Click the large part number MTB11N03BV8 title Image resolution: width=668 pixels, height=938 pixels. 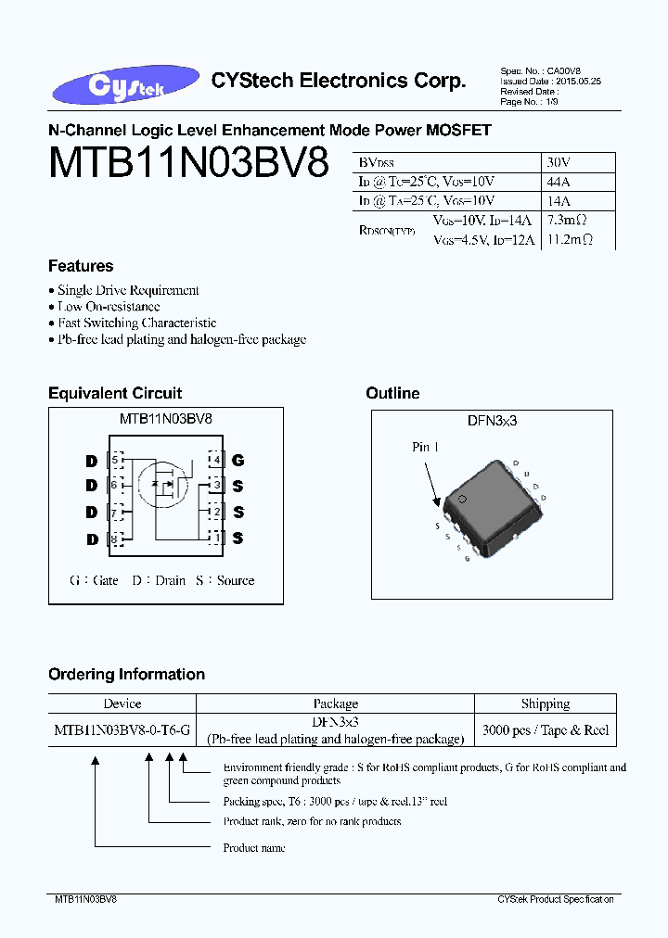coord(188,164)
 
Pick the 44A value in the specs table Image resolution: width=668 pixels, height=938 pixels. coord(559,181)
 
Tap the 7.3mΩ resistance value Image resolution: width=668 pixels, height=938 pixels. coord(568,221)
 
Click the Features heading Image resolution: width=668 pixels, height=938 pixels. coord(81,266)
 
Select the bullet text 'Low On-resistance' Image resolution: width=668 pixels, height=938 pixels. coord(109,307)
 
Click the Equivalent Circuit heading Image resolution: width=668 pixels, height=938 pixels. coord(115,394)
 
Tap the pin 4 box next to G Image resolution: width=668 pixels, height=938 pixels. coord(216,460)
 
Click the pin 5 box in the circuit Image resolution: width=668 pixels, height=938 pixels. coord(116,460)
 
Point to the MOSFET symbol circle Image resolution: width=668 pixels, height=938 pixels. coord(161,484)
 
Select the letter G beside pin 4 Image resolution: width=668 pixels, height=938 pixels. coord(238,460)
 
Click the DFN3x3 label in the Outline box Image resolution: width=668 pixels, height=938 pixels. coord(492,421)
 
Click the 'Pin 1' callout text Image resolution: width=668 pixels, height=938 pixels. coord(426,448)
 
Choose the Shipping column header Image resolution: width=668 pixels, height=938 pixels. coord(546,704)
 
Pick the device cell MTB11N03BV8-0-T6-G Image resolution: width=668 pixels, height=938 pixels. coord(122,730)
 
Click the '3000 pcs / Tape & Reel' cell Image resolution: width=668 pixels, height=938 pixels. coord(546,730)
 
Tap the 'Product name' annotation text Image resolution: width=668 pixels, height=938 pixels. coord(254,848)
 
